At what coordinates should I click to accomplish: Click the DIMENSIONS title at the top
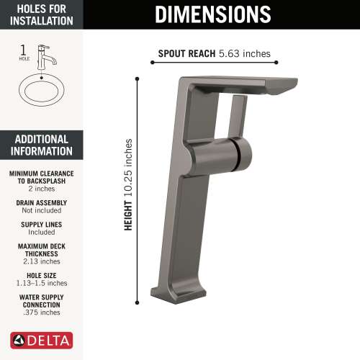click(213, 14)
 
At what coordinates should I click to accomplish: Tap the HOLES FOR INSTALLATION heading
click(41, 14)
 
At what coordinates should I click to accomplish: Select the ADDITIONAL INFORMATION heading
click(41, 145)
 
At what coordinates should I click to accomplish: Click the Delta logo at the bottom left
click(41, 339)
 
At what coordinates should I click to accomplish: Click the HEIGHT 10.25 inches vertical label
click(128, 184)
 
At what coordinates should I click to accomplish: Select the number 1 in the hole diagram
click(23, 50)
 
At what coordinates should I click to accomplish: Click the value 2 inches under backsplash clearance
click(41, 189)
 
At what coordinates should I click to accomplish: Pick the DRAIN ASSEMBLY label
click(41, 203)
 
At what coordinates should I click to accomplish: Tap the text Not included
click(41, 212)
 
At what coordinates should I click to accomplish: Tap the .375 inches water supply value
click(41, 312)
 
